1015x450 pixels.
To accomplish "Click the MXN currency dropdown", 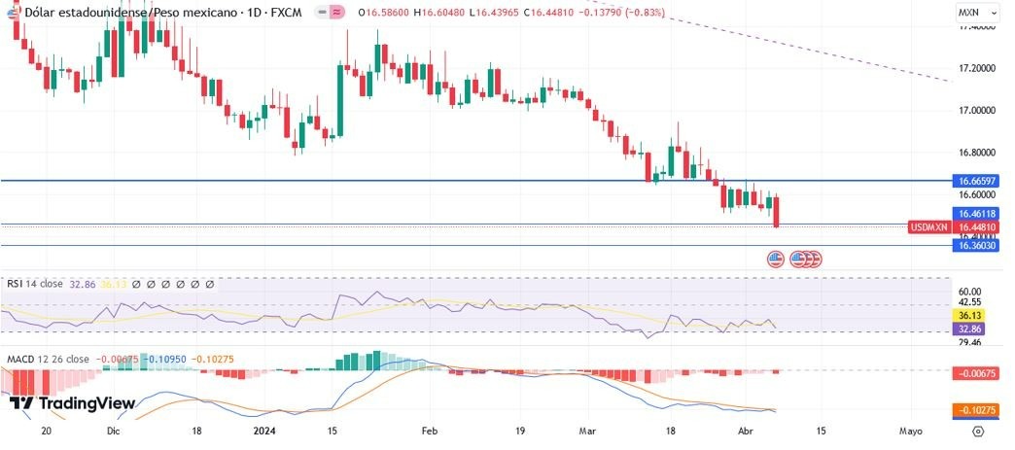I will point(977,13).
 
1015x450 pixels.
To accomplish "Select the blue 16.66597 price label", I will point(975,181).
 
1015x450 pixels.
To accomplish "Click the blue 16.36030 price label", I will point(975,246).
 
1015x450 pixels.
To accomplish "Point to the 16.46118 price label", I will point(975,214).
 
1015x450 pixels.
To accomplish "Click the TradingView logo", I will point(72,403).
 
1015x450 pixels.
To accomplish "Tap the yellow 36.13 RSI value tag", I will point(971,316).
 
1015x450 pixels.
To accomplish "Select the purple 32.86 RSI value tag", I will point(971,330).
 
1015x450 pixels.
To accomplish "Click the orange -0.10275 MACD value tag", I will point(975,409).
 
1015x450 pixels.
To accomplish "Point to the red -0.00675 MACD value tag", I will point(975,373).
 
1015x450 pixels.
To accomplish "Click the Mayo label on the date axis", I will point(911,430).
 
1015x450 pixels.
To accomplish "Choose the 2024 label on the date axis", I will point(264,430).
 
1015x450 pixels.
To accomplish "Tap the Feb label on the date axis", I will point(429,430).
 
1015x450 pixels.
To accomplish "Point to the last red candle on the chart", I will point(776,212).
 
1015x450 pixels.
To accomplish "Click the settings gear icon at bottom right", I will point(978,431).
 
